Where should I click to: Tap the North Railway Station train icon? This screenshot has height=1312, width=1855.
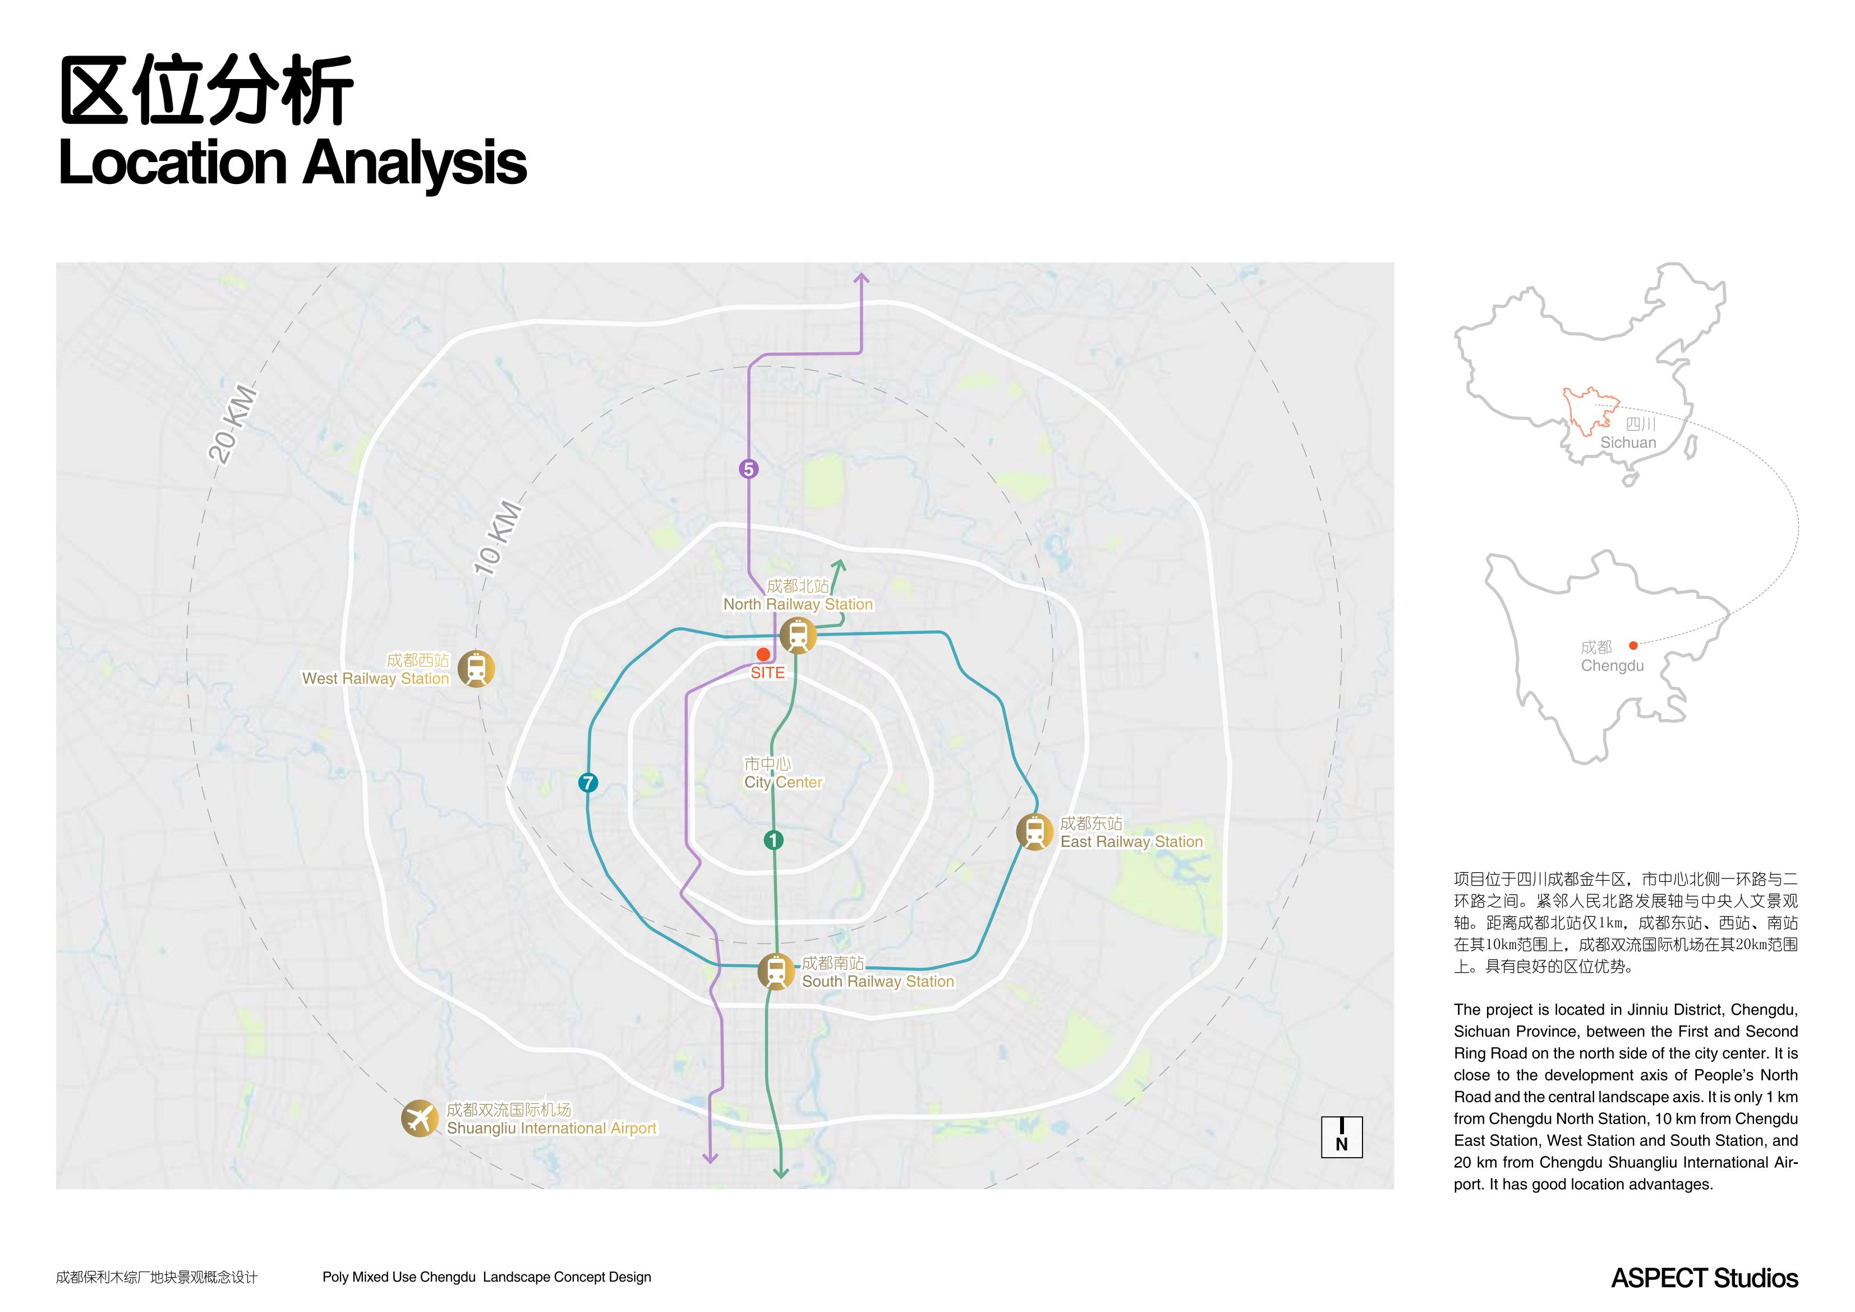coord(798,635)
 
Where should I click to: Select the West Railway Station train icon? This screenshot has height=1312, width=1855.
coord(476,669)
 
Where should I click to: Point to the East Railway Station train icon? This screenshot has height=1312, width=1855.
coord(1034,832)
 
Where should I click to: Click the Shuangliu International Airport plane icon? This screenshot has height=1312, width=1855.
coord(420,1119)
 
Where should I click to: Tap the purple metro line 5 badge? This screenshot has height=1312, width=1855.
coord(749,468)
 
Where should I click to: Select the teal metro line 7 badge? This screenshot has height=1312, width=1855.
coord(588,782)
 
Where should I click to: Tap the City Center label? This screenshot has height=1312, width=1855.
coord(783,782)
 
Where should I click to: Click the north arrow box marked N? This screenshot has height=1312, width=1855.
coord(1342,1138)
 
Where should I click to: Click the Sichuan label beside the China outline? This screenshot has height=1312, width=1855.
coord(1628,443)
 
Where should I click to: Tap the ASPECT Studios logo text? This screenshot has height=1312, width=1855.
coord(1705,1278)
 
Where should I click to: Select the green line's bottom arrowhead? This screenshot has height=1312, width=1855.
coord(780,1172)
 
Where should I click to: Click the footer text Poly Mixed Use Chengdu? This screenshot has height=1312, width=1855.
coord(399,1277)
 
